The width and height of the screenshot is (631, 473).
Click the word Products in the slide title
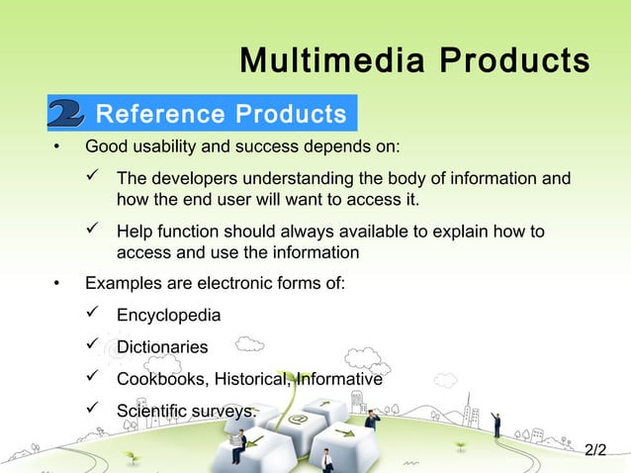point(514,61)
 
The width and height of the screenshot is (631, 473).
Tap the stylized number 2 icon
point(66,114)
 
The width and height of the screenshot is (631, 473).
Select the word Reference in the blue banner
point(159,114)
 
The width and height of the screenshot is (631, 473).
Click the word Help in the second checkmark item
point(135,233)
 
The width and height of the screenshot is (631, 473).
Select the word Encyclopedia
point(169,316)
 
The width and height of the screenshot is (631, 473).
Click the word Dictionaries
point(162,347)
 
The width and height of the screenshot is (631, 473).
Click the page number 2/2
point(595,450)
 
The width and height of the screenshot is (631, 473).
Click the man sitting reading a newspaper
point(238,449)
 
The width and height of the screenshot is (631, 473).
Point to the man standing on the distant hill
point(496,425)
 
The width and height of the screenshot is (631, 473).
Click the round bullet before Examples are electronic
point(56,285)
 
